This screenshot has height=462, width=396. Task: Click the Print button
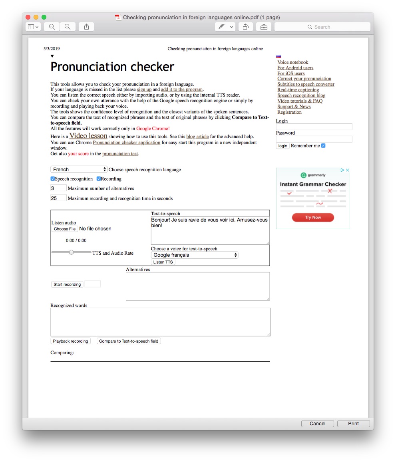click(353, 423)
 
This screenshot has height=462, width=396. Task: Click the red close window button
click(28, 17)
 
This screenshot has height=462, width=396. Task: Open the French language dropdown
click(79, 169)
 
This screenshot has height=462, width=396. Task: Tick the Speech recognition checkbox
click(53, 179)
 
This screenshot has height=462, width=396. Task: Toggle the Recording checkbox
click(99, 179)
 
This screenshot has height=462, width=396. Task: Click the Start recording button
click(67, 284)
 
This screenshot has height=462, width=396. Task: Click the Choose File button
click(65, 229)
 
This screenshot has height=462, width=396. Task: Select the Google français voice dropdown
click(195, 255)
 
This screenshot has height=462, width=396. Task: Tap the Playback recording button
click(70, 341)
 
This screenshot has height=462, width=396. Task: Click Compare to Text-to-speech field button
click(129, 341)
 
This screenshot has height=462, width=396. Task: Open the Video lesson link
click(88, 136)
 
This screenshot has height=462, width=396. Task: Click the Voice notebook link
click(293, 62)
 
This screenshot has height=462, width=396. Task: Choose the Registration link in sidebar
click(289, 112)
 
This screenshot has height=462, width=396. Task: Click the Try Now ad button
click(313, 217)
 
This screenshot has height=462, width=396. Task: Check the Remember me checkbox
click(323, 146)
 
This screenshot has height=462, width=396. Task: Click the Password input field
click(314, 139)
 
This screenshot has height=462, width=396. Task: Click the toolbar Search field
click(322, 27)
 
